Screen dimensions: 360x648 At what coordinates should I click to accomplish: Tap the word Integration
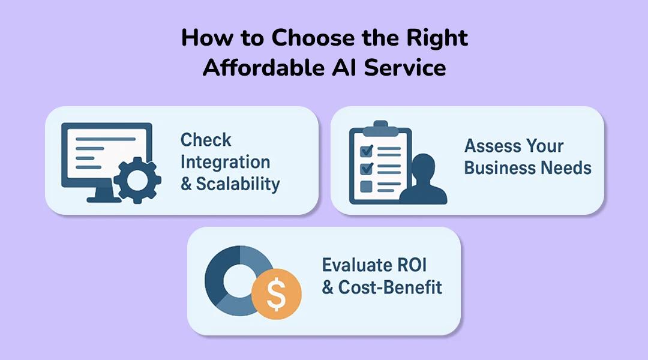click(x=225, y=162)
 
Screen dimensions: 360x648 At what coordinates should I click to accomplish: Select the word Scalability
click(x=238, y=184)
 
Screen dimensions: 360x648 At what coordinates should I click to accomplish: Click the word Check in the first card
click(x=206, y=140)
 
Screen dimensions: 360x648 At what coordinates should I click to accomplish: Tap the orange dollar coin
click(x=277, y=292)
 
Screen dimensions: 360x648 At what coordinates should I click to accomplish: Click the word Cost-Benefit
click(x=390, y=287)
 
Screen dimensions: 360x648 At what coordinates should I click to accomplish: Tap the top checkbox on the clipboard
click(x=366, y=149)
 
